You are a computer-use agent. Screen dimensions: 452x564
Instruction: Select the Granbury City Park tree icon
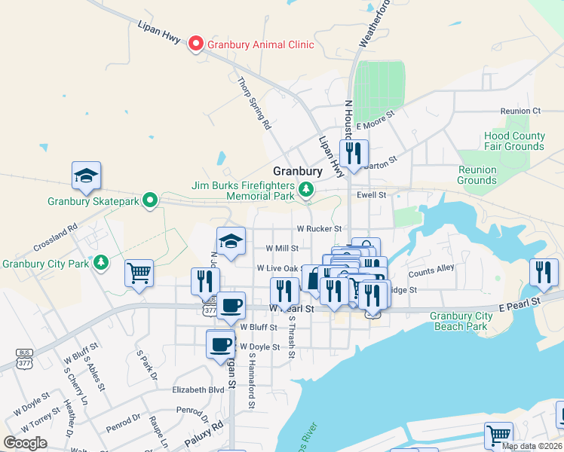(x=100, y=263)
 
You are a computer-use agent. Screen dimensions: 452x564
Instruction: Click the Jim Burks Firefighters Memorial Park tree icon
(x=306, y=189)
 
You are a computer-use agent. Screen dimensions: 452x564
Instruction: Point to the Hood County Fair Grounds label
(x=514, y=141)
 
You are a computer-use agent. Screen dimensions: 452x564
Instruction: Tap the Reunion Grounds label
(x=477, y=175)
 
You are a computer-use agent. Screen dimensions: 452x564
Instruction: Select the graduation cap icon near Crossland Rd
(x=87, y=176)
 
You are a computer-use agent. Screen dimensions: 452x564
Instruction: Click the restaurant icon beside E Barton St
(x=353, y=154)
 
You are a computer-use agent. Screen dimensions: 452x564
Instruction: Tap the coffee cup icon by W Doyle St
(x=220, y=344)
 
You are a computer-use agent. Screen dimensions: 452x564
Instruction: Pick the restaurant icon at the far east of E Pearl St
(x=543, y=273)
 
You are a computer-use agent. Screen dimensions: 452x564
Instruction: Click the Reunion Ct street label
(x=526, y=111)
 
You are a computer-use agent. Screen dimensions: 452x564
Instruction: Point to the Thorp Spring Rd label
(x=253, y=104)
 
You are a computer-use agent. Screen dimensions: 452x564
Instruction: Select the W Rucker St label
(x=319, y=228)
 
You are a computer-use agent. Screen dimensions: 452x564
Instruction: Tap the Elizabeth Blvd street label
(x=198, y=390)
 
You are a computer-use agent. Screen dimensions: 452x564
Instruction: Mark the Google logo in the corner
(x=25, y=442)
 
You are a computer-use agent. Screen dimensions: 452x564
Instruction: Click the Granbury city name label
(x=298, y=171)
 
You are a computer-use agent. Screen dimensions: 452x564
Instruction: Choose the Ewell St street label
(x=372, y=194)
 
